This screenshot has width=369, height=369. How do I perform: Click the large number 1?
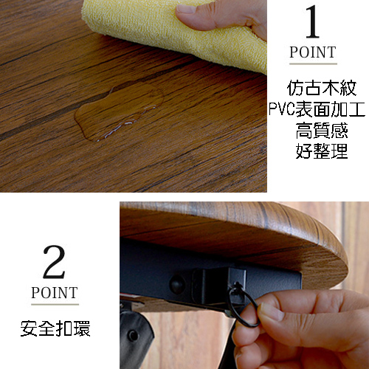point(312,21)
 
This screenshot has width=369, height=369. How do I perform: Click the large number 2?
point(55,262)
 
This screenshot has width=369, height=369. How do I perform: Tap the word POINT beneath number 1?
point(313,52)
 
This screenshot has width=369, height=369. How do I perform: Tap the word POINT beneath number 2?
point(55,292)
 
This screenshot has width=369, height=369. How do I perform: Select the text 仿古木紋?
point(321,88)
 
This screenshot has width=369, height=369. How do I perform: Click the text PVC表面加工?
point(317,109)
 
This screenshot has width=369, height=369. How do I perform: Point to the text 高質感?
point(322,131)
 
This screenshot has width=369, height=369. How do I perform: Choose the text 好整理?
point(322,151)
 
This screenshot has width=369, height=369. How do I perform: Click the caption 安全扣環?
point(55,328)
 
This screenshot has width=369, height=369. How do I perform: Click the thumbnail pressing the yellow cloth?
point(186,10)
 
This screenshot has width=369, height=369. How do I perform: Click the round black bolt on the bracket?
point(178,284)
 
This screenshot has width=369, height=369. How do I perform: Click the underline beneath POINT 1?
point(313,64)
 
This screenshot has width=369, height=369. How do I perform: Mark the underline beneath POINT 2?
point(55,305)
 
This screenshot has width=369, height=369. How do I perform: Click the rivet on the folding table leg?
point(133,335)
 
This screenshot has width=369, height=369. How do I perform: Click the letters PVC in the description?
point(282,109)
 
